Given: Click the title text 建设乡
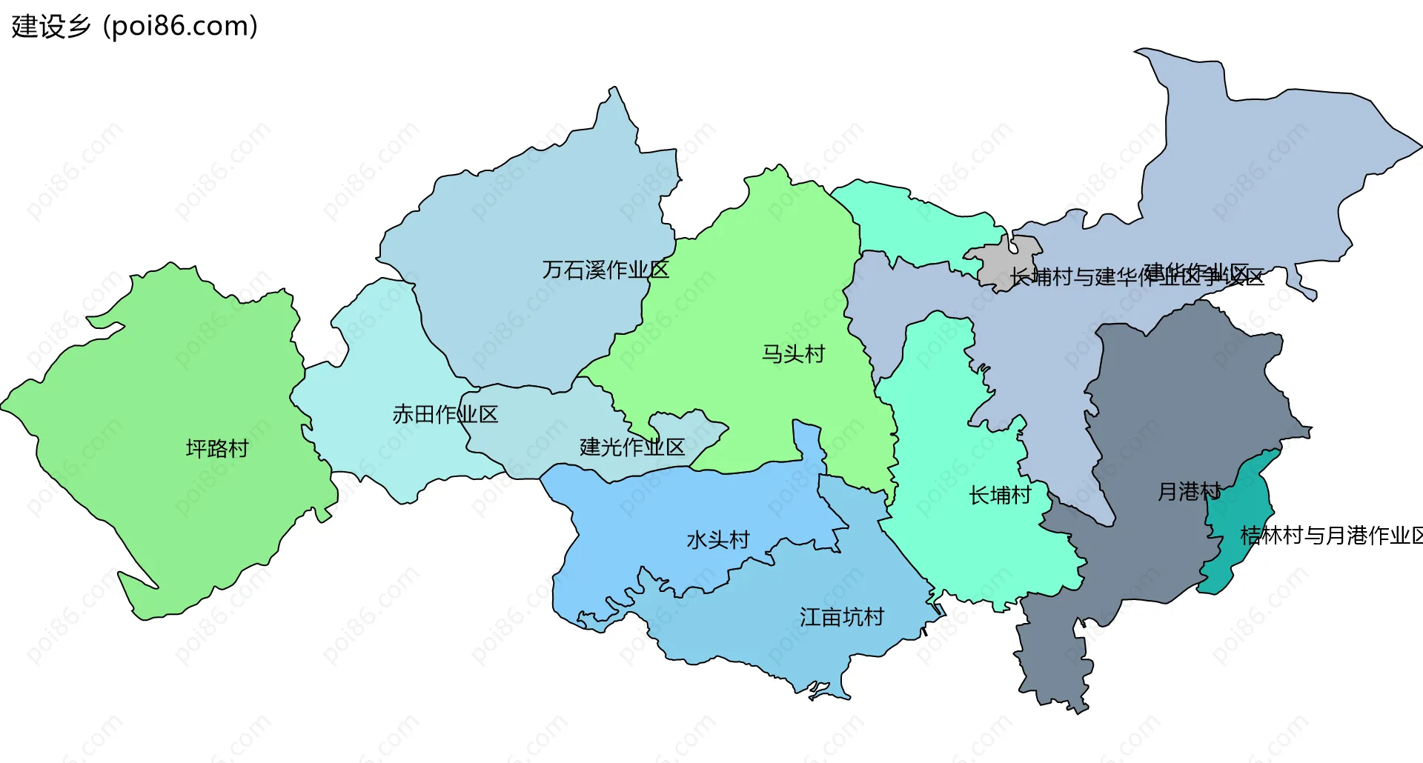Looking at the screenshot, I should (50, 27).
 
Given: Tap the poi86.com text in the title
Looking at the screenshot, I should (180, 27).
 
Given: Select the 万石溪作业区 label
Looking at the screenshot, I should (606, 270).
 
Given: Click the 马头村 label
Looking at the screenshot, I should (793, 354).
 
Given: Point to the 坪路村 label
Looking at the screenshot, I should (216, 449).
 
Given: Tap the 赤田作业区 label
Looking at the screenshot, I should (445, 414).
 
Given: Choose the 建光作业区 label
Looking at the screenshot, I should (631, 447).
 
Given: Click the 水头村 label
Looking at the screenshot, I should (717, 540).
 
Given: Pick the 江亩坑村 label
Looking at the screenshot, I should (841, 617).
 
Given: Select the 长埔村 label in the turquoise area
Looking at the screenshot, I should (999, 496).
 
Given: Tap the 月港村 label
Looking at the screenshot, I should (1188, 491).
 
